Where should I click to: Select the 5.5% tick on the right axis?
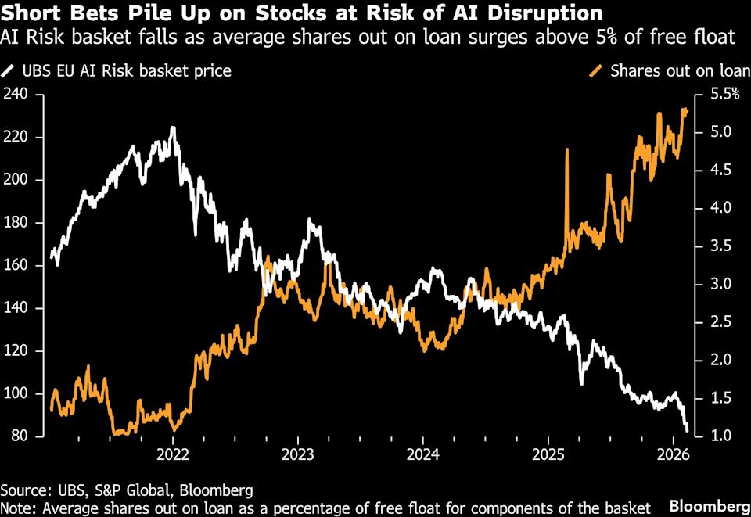723,95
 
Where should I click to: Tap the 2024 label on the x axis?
422,455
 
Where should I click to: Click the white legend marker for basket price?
8,71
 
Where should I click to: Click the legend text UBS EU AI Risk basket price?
126,71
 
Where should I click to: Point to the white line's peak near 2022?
172,127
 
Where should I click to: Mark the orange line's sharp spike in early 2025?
566,149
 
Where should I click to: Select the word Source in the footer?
20,490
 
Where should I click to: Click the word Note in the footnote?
16,508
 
